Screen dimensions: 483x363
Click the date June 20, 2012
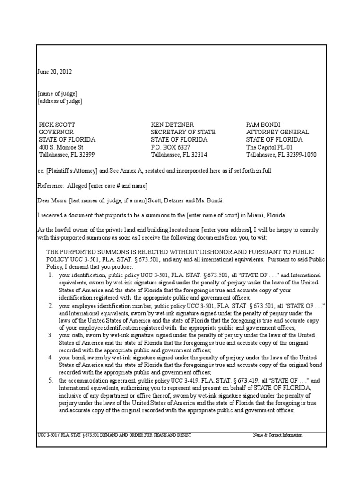(x=55, y=72)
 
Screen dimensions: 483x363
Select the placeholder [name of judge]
(x=58, y=93)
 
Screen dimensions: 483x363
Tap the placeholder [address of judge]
(x=60, y=101)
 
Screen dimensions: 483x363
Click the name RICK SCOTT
(x=57, y=125)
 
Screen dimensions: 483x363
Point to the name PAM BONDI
(x=264, y=125)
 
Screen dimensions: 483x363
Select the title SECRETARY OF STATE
(x=183, y=132)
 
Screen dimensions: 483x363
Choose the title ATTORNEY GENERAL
(x=277, y=132)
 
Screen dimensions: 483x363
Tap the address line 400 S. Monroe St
(x=61, y=147)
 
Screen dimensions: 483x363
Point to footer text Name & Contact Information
(x=277, y=435)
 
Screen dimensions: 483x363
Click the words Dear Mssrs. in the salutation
(x=53, y=200)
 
